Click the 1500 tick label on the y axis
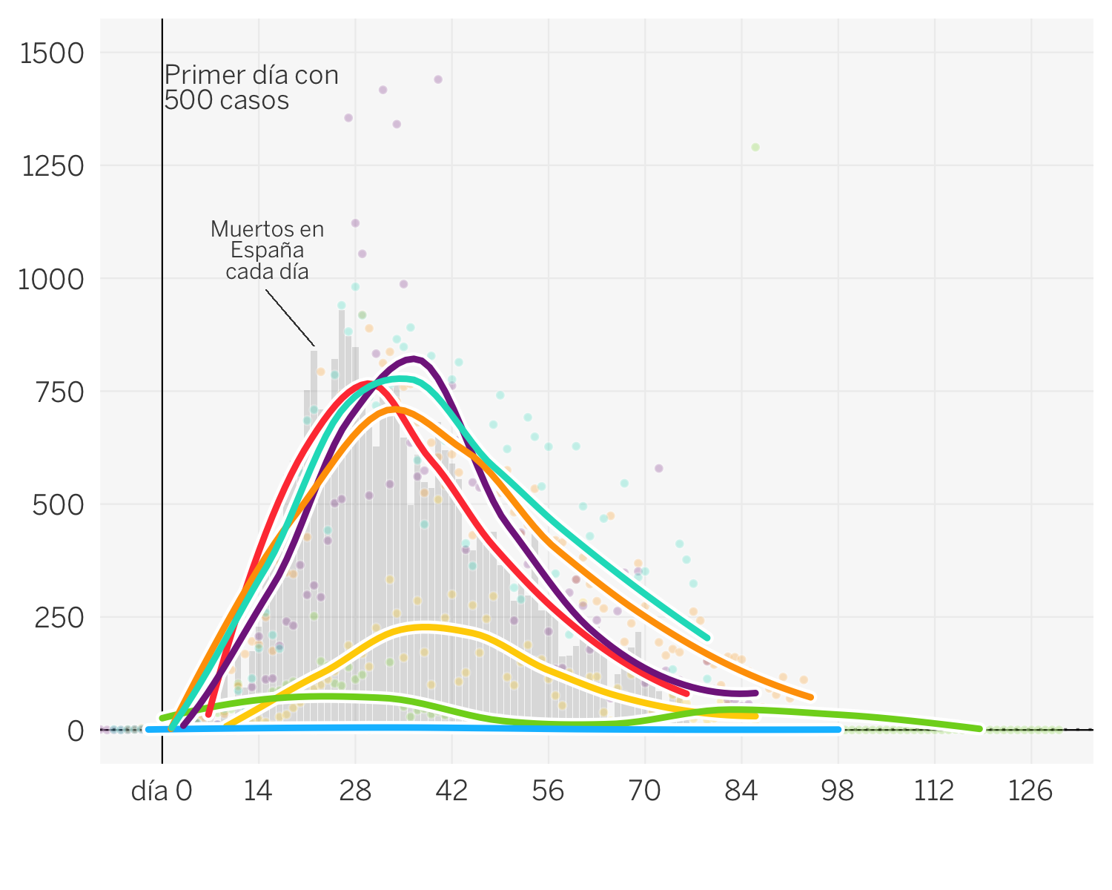coord(52,53)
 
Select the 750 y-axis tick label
coord(59,392)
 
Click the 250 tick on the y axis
coord(59,618)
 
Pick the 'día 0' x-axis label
coord(162,792)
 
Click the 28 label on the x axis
coord(355,792)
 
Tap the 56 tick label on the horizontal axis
coord(548,792)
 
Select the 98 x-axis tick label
coord(838,792)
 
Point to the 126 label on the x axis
coord(1030,792)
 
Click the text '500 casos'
coord(226,100)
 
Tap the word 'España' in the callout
coord(267,250)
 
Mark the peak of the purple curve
coord(414,360)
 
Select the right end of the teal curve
coord(707,637)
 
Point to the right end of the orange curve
coord(811,697)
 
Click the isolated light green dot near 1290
coord(755,147)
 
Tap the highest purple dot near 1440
coord(438,79)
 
